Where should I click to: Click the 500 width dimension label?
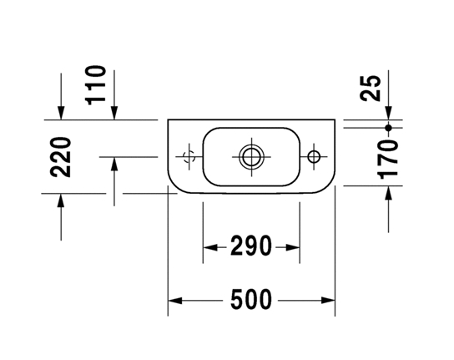(251, 299)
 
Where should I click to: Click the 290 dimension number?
(251, 246)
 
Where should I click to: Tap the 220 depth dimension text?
(60, 157)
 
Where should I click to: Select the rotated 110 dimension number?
(95, 85)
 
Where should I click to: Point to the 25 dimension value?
(371, 88)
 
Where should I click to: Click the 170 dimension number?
(388, 160)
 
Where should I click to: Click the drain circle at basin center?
(251, 157)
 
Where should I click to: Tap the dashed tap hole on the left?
(189, 157)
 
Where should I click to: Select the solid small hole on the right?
(314, 157)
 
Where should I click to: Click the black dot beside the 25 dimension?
(389, 128)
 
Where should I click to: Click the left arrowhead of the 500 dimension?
(175, 301)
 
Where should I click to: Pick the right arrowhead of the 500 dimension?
(328, 301)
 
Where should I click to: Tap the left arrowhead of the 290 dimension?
(210, 247)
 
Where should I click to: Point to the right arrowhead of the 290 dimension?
(292, 247)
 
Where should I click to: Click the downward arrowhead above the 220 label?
(61, 113)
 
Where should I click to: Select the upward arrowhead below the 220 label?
(61, 200)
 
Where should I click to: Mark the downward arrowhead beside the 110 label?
(114, 113)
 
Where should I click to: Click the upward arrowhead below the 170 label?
(389, 193)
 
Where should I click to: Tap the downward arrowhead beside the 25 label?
(389, 113)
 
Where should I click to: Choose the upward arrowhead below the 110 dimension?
(114, 164)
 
